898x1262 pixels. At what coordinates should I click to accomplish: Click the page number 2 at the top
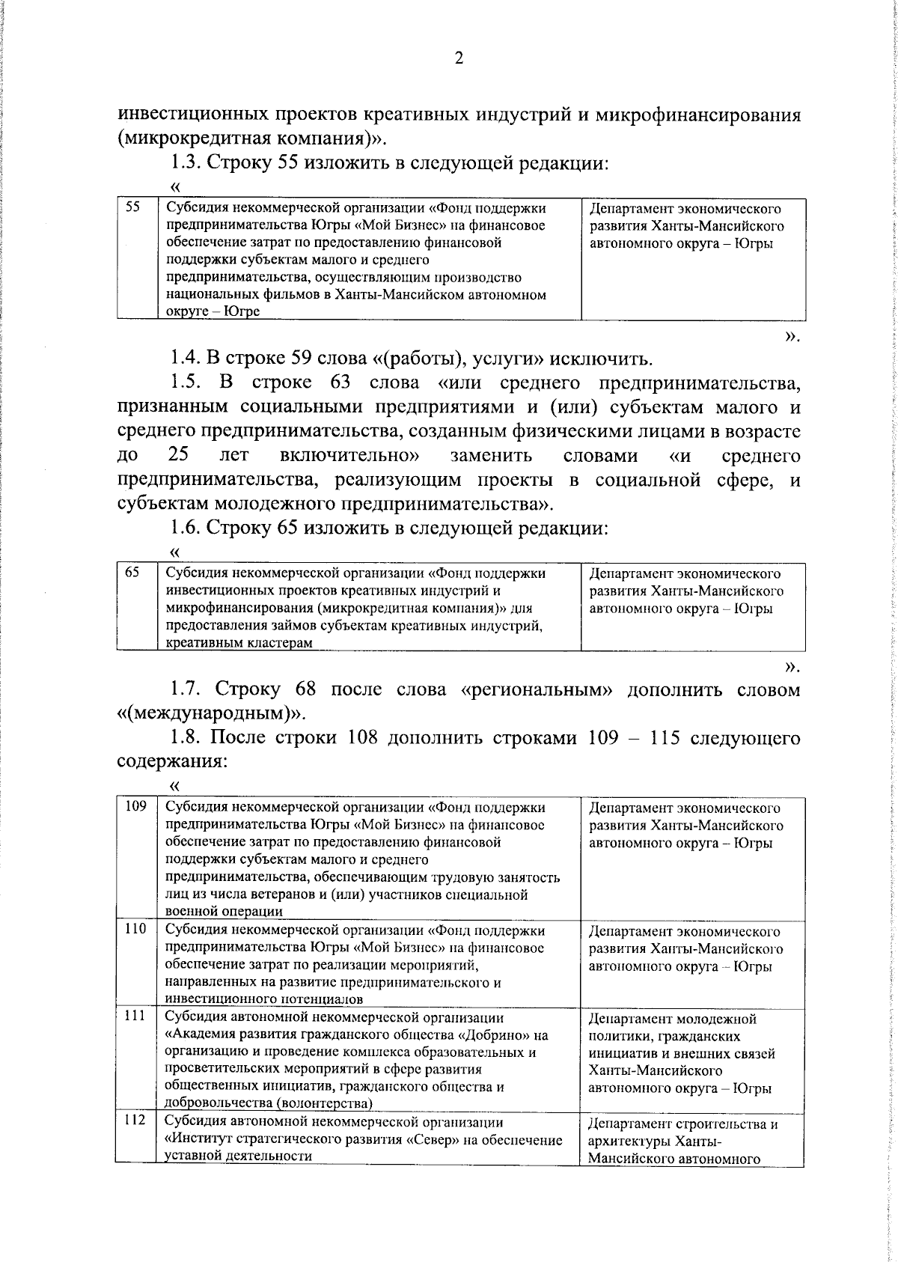[x=459, y=58]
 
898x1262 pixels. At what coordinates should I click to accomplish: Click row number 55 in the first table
[x=132, y=208]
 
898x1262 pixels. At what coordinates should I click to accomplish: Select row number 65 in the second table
[x=132, y=573]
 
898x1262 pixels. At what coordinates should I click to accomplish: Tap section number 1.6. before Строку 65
[x=186, y=528]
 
